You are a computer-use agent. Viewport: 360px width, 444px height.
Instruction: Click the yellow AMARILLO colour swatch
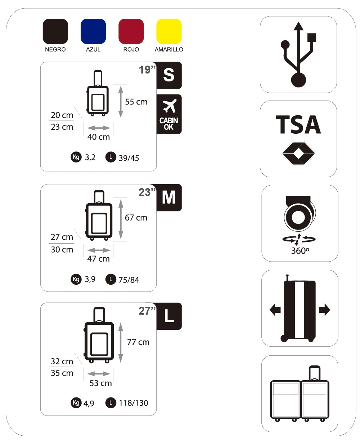click(169, 31)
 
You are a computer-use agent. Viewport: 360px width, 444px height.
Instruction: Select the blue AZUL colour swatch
click(93, 31)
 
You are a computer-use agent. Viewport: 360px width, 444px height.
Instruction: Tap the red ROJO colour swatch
click(131, 31)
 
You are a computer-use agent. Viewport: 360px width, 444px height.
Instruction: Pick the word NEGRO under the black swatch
click(55, 49)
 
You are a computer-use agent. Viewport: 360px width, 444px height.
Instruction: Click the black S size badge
click(169, 75)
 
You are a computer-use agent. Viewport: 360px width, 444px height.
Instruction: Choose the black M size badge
click(169, 197)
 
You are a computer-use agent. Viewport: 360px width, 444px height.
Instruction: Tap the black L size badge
click(169, 316)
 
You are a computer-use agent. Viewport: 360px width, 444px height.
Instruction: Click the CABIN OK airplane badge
click(169, 114)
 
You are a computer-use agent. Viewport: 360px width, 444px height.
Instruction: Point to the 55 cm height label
click(136, 102)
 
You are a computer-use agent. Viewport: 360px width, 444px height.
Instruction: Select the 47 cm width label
click(98, 259)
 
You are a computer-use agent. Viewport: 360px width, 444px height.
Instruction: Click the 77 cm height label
click(138, 342)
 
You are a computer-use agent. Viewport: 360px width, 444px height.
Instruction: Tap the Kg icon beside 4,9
click(76, 403)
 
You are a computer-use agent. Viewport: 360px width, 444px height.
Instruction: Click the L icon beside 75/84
click(111, 279)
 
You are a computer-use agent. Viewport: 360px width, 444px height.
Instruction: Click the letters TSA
click(298, 125)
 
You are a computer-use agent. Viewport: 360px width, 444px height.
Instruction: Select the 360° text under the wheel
click(300, 251)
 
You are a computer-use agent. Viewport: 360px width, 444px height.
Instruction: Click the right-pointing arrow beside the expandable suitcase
click(324, 310)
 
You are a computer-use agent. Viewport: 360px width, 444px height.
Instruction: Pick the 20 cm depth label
click(62, 115)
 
